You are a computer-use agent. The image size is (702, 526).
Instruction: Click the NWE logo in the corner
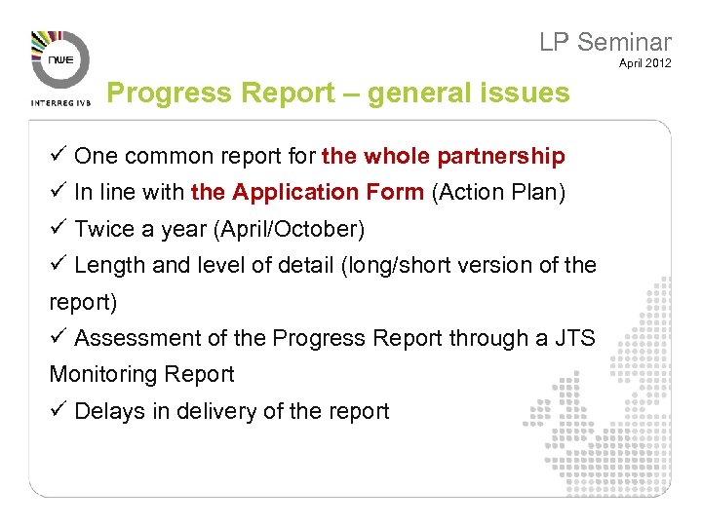(60, 59)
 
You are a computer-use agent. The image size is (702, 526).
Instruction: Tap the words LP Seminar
(605, 42)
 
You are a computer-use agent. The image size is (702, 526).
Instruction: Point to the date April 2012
(644, 63)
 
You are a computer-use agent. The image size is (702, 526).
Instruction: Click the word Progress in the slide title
(157, 93)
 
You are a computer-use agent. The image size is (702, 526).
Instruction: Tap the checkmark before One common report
(58, 156)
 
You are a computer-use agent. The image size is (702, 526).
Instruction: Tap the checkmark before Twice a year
(58, 229)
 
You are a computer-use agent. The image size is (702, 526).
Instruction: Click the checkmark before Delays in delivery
(58, 411)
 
